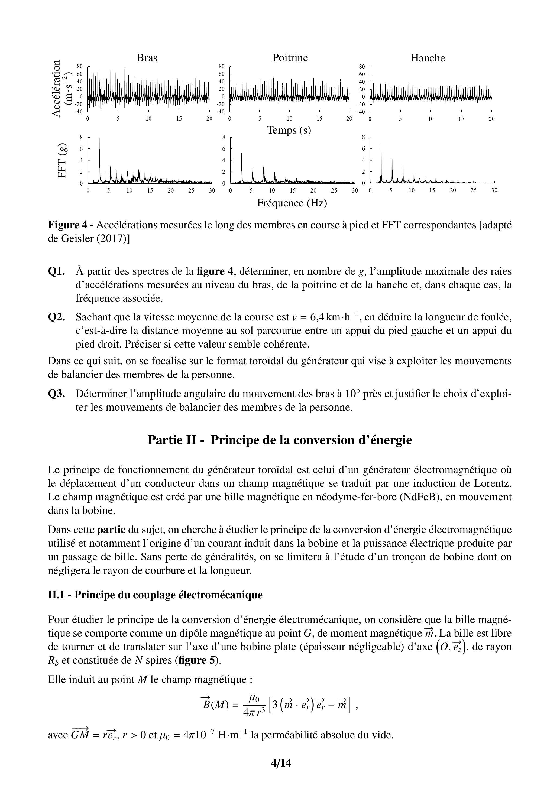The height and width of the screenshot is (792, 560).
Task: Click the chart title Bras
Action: pos(147,58)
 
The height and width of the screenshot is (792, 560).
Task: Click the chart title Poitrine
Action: pos(290,58)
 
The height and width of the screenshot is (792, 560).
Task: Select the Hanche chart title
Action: pos(428,58)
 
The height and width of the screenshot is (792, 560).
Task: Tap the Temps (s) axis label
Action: pos(289,130)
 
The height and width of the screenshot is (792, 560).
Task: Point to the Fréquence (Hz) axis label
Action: pos(292,203)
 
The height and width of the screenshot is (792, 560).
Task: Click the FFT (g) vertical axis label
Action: pos(62,160)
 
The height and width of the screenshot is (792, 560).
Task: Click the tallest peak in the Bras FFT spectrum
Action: pos(99,139)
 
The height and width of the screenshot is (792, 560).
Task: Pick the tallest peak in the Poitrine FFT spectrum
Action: pos(241,154)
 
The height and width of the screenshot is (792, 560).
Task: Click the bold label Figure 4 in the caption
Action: pos(68,225)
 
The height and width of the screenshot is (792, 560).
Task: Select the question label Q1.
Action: pos(57,271)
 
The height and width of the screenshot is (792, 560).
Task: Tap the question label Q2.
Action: pos(57,317)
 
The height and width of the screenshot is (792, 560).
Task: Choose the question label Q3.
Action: pos(57,394)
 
